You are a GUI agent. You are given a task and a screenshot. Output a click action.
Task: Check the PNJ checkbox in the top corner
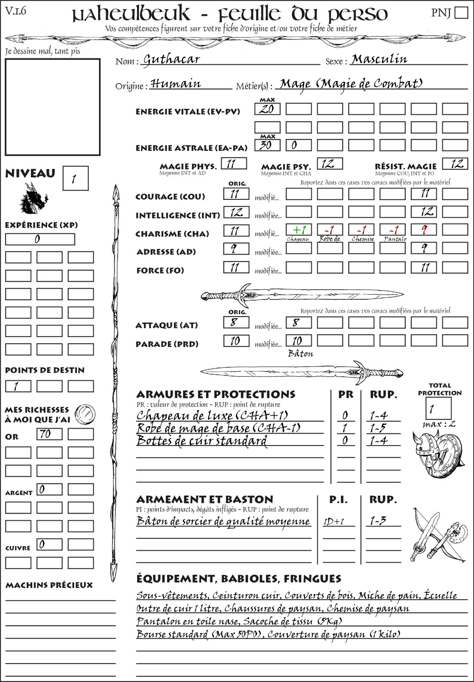[461, 12]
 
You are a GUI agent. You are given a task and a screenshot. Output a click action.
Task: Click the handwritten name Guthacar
[171, 59]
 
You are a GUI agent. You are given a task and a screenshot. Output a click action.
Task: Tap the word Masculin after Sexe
[379, 59]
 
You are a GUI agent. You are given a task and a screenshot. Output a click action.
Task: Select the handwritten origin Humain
[175, 84]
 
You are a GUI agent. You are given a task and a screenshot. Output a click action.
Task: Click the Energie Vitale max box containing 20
[267, 109]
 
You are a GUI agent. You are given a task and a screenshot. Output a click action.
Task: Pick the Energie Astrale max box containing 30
[267, 145]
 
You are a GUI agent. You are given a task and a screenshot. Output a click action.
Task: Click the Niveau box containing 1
[75, 179]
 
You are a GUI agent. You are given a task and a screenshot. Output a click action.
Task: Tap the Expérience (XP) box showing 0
[40, 239]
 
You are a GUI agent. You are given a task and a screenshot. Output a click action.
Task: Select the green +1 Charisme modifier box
[299, 230]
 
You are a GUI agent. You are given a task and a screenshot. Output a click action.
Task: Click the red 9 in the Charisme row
[424, 230]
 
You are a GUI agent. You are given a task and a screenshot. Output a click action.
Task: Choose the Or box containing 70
[50, 434]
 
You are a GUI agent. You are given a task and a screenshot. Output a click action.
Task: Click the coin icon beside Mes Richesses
[85, 414]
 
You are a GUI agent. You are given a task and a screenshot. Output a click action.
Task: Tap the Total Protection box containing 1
[438, 409]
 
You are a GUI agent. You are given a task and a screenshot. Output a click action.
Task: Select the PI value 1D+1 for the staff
[334, 521]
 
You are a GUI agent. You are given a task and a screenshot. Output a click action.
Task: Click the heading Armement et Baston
[205, 499]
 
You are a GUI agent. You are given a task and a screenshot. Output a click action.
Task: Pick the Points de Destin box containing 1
[18, 386]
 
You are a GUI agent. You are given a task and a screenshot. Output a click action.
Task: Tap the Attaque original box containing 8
[236, 322]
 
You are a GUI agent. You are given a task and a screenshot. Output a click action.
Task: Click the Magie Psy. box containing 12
[330, 164]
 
